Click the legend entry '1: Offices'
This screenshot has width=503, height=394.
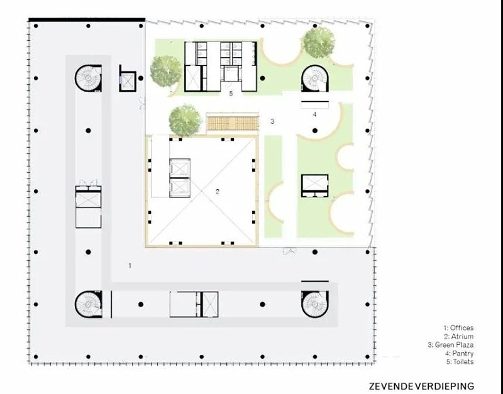tap(458, 327)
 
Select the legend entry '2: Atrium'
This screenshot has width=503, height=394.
tap(458, 336)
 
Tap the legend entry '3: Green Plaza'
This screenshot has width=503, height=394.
tap(450, 345)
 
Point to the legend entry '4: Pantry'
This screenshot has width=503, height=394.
tap(459, 353)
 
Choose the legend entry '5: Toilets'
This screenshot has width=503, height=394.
tap(460, 361)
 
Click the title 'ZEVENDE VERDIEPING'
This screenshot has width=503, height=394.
tap(421, 386)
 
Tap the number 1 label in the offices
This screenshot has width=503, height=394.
tap(130, 265)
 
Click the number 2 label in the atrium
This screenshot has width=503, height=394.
tap(218, 192)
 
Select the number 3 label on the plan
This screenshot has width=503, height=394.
tap(272, 121)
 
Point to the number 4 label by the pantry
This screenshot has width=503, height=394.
tap(314, 114)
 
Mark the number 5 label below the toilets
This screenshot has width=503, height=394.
tap(231, 94)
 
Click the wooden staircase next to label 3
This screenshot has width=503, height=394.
tap(232, 123)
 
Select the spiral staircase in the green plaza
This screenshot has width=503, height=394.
tap(315, 78)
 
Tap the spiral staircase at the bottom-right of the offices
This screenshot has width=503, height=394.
tap(314, 304)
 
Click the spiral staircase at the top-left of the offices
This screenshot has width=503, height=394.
tap(88, 78)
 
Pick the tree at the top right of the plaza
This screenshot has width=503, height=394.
tap(319, 42)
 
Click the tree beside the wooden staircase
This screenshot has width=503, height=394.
tap(185, 120)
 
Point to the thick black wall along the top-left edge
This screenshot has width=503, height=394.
tap(87, 20)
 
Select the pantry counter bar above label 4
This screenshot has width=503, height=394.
tap(315, 102)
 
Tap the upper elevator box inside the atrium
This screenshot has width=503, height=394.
tap(180, 168)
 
